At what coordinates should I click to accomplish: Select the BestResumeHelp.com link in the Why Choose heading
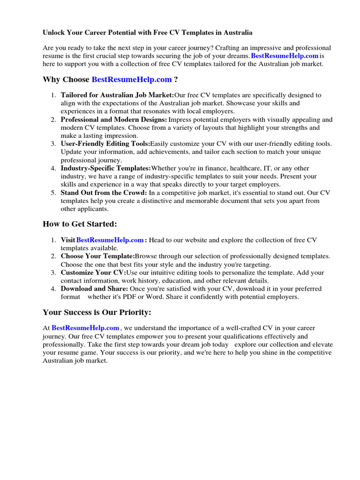point(132,80)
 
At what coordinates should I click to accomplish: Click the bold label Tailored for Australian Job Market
point(117,95)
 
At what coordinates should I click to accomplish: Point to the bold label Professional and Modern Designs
point(114,120)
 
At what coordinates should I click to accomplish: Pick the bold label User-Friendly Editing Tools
point(105,143)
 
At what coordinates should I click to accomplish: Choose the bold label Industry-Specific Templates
point(106,168)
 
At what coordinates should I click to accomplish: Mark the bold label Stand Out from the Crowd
point(104,193)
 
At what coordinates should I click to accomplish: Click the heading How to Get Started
point(80,224)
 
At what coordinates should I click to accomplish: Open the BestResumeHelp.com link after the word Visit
point(110,240)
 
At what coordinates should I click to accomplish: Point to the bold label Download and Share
point(94,289)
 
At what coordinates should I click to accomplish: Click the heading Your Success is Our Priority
point(97,312)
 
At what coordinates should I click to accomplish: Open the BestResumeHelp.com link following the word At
point(85,328)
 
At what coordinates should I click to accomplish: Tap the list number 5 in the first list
point(53,193)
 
